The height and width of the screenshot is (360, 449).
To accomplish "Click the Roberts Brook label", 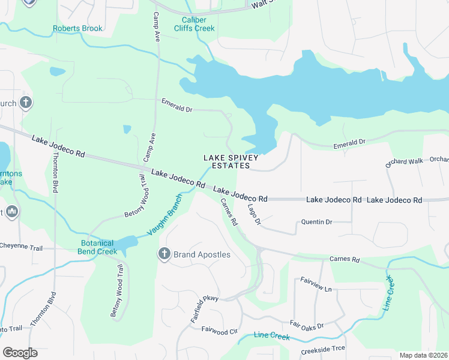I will pos(77,28).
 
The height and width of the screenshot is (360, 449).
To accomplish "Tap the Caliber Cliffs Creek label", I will pos(194,24).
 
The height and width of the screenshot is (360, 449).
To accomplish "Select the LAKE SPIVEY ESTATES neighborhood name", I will pos(231,161).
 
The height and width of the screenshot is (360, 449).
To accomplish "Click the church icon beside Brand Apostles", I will pos(164,254).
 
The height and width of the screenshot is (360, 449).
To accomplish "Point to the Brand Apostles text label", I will pos(202,254).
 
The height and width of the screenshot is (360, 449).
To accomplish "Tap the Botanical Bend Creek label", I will pos(97,247).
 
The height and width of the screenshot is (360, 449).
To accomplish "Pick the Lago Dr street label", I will pos(255,214).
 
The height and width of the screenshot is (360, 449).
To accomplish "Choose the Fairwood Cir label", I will pos(220,329).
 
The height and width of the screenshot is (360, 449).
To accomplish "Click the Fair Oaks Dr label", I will pos(307,325).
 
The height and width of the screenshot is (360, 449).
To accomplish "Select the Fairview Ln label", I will pos(315,284).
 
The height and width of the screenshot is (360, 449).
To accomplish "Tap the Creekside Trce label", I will pos(322,349).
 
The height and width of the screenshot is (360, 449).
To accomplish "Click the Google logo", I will pos(20,353).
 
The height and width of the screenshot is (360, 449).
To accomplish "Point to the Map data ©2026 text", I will pos(423,355).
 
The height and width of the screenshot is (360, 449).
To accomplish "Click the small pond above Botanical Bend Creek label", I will pos(127,243).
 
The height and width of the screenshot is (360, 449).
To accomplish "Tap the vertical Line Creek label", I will pos(388,292).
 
